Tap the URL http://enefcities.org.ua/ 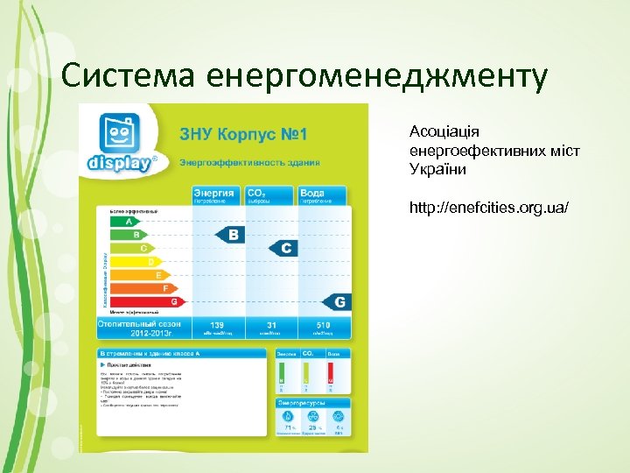pos(490,208)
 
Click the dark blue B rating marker pos(230,235)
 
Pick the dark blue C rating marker pos(281,249)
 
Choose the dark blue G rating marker pos(337,301)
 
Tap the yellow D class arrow pos(132,261)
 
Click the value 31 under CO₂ pos(271,325)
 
